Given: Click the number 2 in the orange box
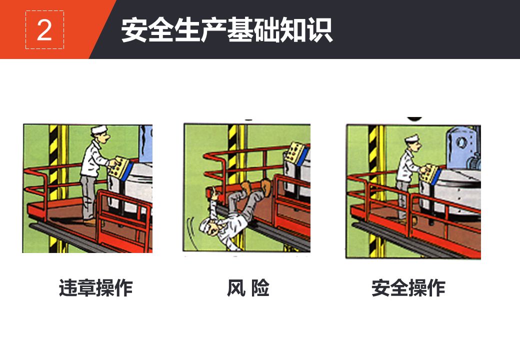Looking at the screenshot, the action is pos(44,30).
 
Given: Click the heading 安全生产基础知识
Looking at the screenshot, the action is pos(227,30).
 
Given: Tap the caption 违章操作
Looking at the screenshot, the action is pos(96,287).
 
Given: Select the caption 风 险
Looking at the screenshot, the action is pos(248,287).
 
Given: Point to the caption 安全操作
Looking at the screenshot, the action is pos(408,287).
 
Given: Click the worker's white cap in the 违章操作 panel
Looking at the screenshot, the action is pos(99,129).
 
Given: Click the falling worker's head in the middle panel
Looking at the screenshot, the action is pos(210,226).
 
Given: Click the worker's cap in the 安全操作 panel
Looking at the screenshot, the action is pos(412,138).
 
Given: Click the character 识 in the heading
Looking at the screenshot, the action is pos(319,30).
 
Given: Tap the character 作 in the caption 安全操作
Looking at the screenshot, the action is pos(436,287).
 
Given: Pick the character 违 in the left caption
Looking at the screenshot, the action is pos(68,287).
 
